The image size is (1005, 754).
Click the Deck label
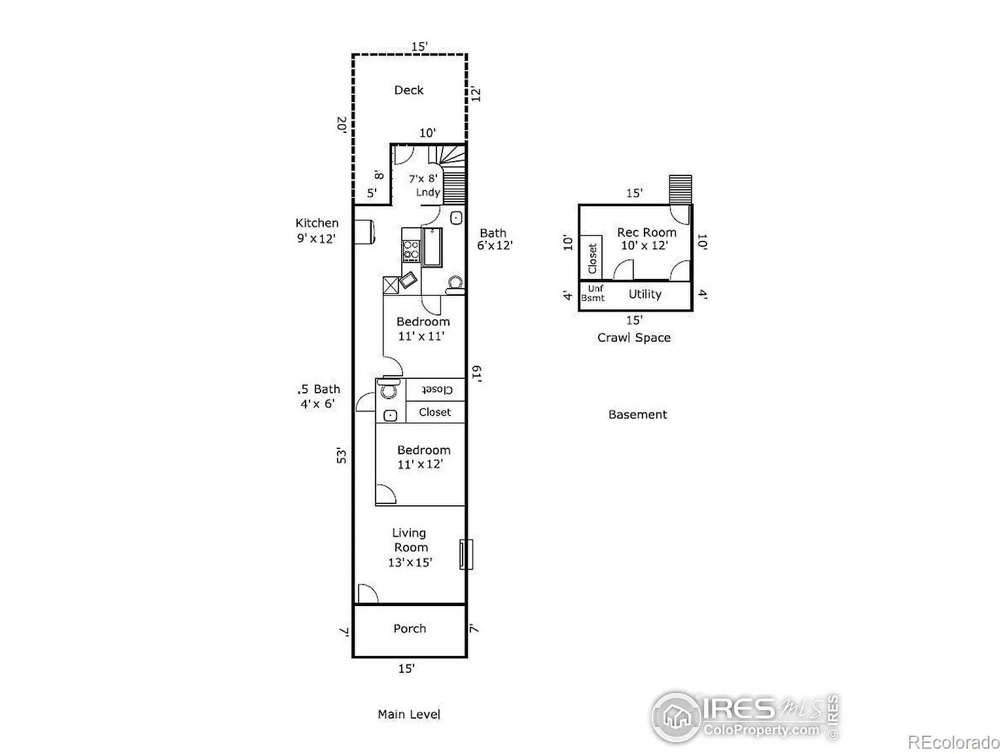point(408,90)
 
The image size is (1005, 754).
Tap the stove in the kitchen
point(411,251)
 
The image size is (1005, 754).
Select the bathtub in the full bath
point(432,247)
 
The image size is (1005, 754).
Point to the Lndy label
point(428,192)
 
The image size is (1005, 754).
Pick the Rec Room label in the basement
point(646,232)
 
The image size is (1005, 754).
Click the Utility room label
point(644,295)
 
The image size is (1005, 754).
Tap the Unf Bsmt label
point(594,293)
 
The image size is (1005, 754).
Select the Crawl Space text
point(633,338)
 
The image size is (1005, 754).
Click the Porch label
point(410,629)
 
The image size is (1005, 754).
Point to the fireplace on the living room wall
point(465,554)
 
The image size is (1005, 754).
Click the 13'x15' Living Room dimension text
point(410,562)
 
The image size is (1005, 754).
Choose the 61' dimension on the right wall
point(477,373)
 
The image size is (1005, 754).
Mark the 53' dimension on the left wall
point(341,455)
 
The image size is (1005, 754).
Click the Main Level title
point(408,715)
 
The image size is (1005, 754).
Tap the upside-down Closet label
point(435,389)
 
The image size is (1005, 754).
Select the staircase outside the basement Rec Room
point(680,190)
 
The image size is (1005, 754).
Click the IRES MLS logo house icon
point(676,717)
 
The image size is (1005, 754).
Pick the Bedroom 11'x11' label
point(423,329)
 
